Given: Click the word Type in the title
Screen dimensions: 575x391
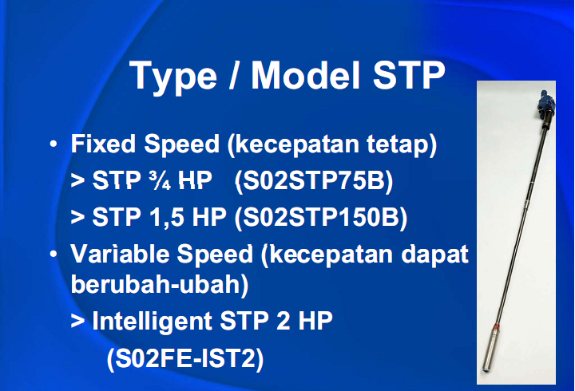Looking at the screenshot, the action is click(x=173, y=77).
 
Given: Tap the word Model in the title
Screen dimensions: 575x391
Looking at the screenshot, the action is click(x=305, y=75).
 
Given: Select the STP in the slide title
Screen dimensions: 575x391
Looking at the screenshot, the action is click(x=409, y=75).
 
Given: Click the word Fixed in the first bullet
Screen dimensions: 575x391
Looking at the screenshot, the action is click(x=103, y=144).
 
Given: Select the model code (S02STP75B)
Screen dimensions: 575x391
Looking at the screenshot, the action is click(x=314, y=181).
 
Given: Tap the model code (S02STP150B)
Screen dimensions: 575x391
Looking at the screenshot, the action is click(x=321, y=218).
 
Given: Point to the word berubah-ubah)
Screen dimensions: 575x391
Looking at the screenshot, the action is click(x=160, y=285).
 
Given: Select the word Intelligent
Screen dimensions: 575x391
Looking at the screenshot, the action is click(x=153, y=322).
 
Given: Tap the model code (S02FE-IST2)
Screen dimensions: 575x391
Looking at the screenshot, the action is click(x=185, y=359).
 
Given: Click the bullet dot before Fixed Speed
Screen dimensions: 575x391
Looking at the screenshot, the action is click(x=54, y=144).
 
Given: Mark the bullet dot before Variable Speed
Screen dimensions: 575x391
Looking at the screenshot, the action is click(x=54, y=254).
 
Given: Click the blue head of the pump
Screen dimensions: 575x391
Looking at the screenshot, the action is click(x=545, y=101).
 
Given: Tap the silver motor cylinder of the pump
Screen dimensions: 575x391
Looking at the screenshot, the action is click(x=490, y=350).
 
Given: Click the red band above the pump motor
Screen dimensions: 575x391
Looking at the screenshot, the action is click(x=495, y=326).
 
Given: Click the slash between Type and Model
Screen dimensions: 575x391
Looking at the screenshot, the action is click(x=233, y=75).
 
